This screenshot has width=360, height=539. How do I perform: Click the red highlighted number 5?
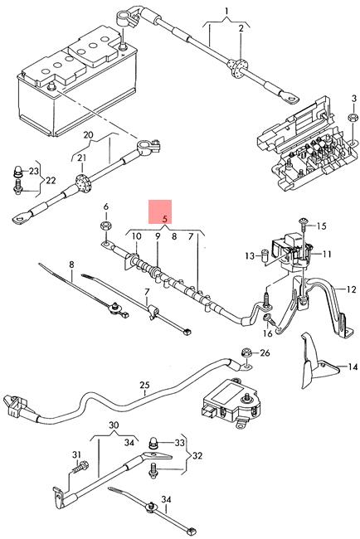(165, 219)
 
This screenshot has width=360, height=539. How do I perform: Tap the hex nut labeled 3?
(353, 117)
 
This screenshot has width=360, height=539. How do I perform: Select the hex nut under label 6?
(105, 226)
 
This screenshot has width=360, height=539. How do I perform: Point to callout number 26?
(265, 353)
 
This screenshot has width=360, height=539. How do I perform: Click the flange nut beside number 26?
(246, 352)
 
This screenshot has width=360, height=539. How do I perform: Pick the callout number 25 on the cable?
(145, 384)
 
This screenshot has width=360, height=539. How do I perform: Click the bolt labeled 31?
(80, 469)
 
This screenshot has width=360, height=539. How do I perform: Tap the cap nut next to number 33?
(153, 443)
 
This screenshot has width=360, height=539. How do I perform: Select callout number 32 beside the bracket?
(197, 456)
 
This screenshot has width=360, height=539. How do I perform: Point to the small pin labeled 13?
(265, 255)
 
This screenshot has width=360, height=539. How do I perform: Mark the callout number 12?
(351, 289)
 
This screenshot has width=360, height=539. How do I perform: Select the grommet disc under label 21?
(82, 182)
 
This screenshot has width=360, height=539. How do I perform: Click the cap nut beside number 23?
(17, 172)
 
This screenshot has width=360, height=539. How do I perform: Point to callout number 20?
(89, 134)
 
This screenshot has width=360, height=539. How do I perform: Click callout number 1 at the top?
(226, 12)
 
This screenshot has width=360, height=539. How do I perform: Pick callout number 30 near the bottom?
(114, 425)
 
